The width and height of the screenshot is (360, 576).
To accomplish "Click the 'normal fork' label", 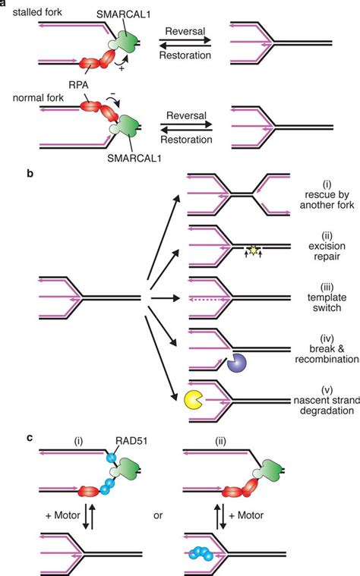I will pyautogui.click(x=52, y=97).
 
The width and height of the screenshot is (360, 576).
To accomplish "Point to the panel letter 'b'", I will pyautogui.click(x=30, y=174).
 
